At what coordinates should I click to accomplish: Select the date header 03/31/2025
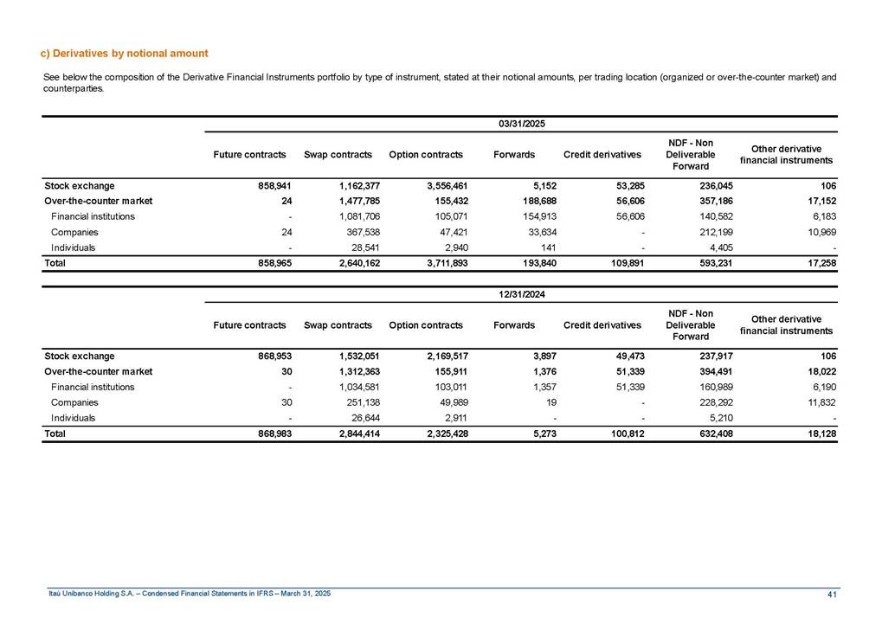tap(521, 125)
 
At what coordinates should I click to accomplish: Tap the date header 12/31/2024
tap(521, 295)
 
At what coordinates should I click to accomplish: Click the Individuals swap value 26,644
tap(355, 418)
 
